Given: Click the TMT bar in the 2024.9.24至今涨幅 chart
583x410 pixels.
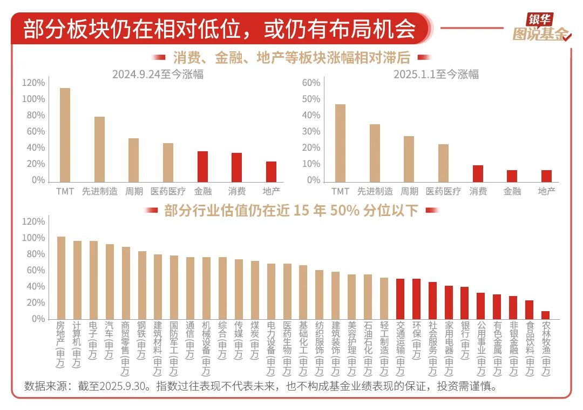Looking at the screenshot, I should point(65,135).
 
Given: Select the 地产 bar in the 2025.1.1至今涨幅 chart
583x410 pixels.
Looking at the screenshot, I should point(546,176).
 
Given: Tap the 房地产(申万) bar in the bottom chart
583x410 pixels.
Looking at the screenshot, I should point(61,278).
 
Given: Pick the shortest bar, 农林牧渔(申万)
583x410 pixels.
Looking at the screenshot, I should point(546,315).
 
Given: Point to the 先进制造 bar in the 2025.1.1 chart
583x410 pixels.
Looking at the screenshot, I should point(375,153).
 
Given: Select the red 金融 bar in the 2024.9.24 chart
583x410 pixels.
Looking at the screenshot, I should point(202,166).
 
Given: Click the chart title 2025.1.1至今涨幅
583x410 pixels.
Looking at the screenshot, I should point(436,75).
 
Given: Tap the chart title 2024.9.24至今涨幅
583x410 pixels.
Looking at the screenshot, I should point(158,75).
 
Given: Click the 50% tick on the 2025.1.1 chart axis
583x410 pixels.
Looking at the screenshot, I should point(311,99).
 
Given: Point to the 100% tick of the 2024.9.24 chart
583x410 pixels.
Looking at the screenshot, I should point(33,99).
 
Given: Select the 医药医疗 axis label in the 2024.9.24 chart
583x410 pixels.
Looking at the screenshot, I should point(168,191).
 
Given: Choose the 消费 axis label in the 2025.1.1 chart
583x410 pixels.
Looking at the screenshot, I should point(478,191).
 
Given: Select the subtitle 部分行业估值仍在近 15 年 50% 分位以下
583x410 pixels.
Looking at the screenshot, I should point(291,210).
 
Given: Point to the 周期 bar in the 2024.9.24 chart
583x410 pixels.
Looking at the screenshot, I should point(133,160).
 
